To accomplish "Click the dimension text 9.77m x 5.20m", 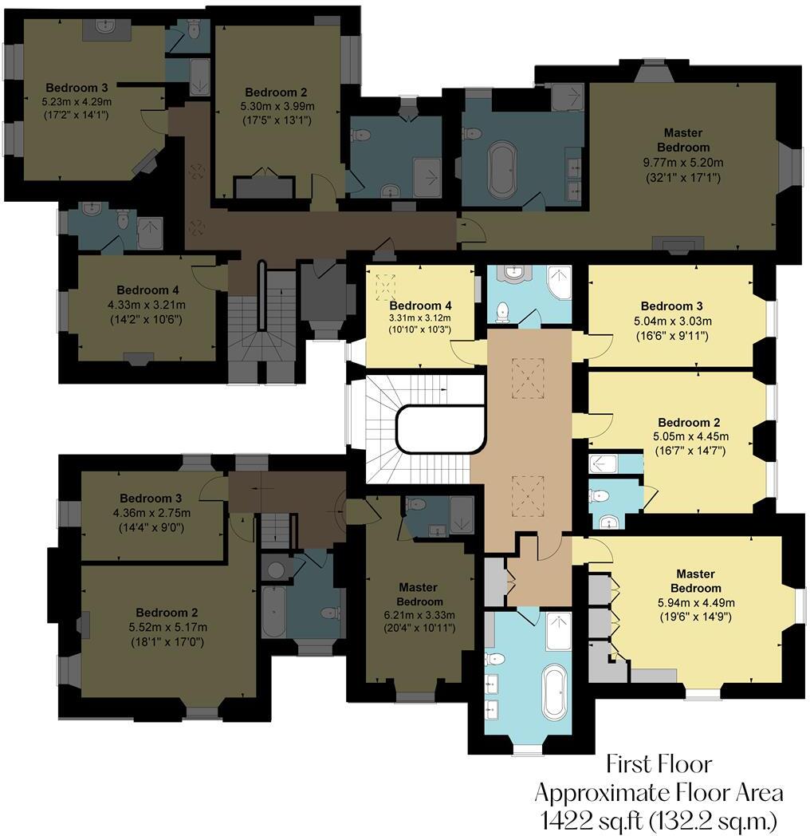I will point(683,163).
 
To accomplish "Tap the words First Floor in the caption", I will point(659,764).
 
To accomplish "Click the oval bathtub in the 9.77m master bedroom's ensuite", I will point(501,169).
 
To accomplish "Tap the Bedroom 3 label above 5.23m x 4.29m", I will point(77,88).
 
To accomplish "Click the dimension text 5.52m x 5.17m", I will point(166,627).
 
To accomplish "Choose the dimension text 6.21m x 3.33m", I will point(419,614).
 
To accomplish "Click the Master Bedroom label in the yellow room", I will point(695,581).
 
